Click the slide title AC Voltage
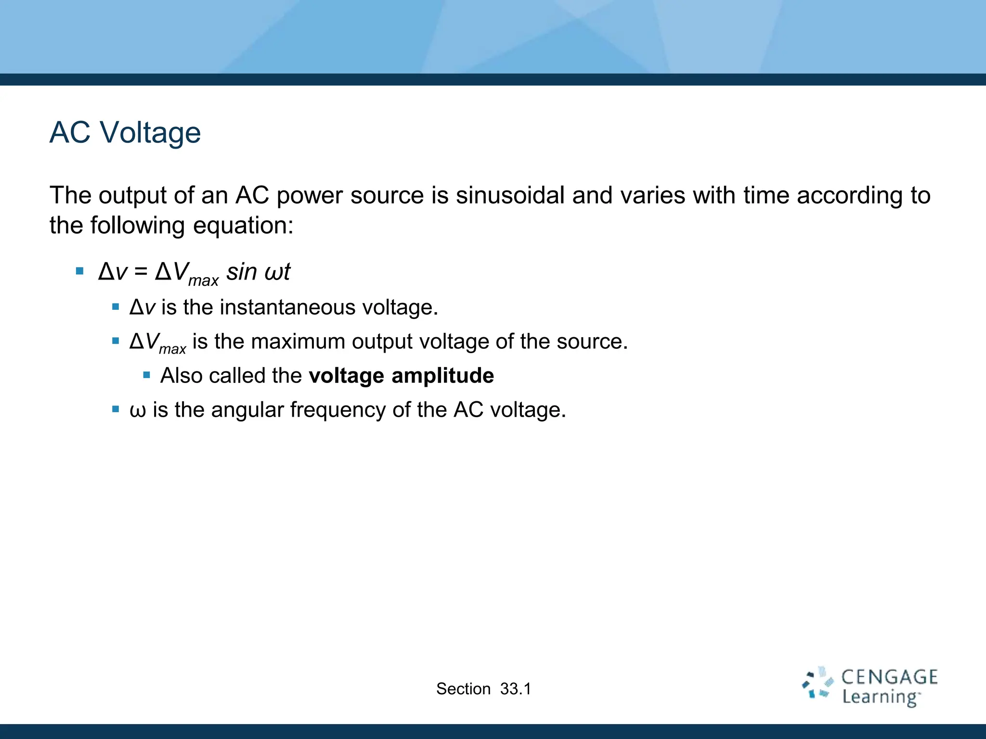click(125, 132)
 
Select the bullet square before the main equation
click(80, 271)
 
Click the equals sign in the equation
click(141, 272)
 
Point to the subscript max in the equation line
click(203, 280)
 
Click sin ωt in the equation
click(259, 272)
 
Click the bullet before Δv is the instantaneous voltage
click(116, 306)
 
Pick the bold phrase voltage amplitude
click(401, 376)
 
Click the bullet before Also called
click(147, 375)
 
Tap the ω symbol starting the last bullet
click(138, 411)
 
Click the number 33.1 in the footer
click(515, 689)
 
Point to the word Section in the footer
click(463, 689)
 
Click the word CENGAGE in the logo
click(889, 677)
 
